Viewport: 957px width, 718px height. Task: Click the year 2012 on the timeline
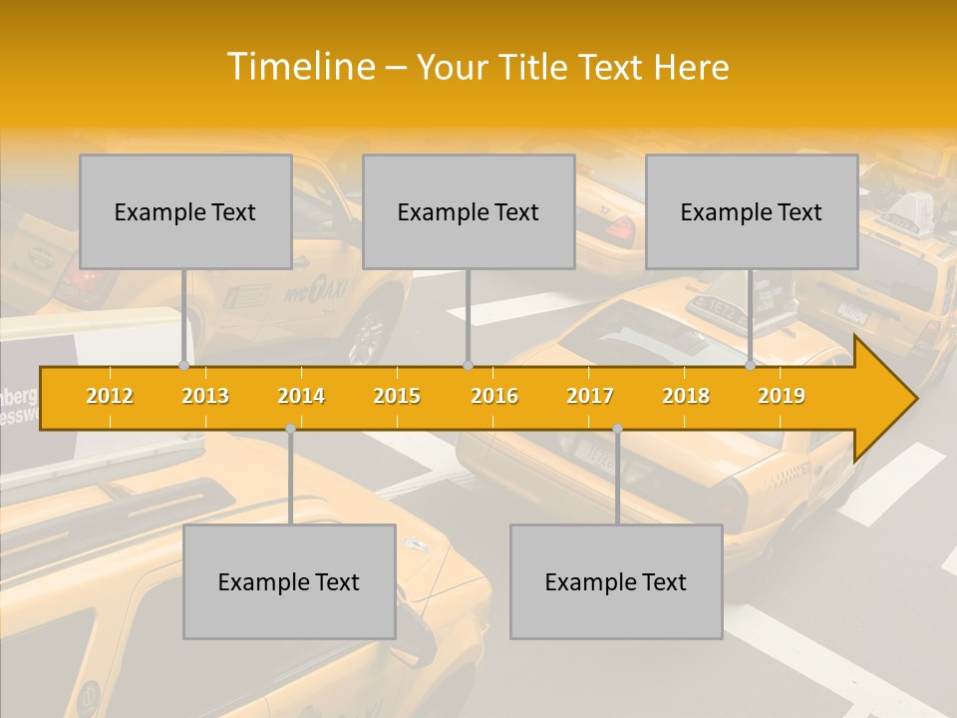[110, 396]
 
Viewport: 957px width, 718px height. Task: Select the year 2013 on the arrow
[205, 396]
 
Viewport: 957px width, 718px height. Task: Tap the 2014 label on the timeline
[301, 396]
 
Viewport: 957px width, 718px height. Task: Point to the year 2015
[397, 396]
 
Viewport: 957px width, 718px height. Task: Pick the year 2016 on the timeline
[494, 396]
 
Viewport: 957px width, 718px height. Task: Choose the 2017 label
[590, 396]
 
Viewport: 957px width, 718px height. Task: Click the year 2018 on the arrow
[686, 396]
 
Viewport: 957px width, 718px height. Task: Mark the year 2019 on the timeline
[782, 396]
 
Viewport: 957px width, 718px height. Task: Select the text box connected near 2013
[185, 211]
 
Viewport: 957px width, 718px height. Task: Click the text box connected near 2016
[469, 211]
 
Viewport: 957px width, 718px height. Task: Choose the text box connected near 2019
[752, 211]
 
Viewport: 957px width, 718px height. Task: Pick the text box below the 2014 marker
[289, 581]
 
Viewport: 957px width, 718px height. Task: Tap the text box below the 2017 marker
[616, 581]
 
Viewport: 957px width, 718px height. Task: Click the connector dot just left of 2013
[183, 366]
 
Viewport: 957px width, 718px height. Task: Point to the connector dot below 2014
[290, 429]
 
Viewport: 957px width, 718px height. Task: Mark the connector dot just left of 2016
[468, 366]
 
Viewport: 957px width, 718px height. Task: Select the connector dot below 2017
[617, 429]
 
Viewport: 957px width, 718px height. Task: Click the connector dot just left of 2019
[751, 366]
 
